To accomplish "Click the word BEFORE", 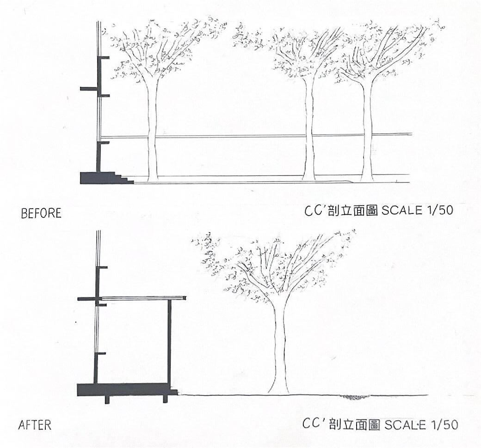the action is (41, 213).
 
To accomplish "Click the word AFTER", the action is (35, 425).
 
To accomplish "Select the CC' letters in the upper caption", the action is (314, 211).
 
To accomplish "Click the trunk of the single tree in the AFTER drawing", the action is (279, 351).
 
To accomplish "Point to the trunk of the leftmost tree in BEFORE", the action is (153, 134).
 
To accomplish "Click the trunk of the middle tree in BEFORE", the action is (309, 134).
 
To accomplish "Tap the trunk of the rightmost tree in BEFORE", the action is (367, 134).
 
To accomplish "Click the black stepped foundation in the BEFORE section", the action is (99, 178).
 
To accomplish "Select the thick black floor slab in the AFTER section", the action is (125, 389).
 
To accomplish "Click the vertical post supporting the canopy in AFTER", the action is (169, 342).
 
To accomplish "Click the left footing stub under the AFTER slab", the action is (107, 400).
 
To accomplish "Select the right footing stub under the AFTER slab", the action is (165, 399).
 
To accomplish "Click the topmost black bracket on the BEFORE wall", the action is (104, 58).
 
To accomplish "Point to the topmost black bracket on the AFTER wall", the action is (102, 267).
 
